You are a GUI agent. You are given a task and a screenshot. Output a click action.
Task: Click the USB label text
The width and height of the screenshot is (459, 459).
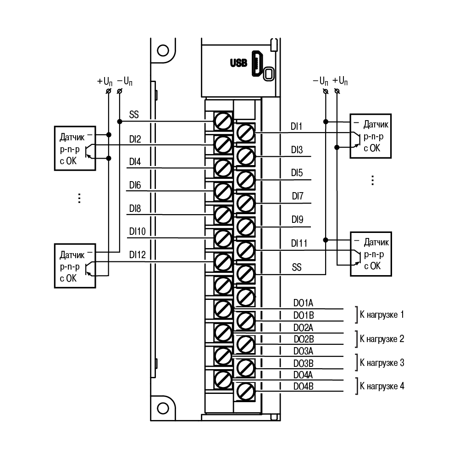pos(238,63)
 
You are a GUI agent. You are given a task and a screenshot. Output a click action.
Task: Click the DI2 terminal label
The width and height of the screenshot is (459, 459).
pos(135,139)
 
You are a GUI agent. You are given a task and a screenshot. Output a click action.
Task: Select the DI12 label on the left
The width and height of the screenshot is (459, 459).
pos(137,254)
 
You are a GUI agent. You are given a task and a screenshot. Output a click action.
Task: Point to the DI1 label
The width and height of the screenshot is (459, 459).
pos(296,127)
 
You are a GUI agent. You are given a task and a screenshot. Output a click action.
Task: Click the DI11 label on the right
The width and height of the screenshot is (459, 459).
pos(299,243)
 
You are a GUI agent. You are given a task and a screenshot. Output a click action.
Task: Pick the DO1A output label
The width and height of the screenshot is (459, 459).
pos(303,303)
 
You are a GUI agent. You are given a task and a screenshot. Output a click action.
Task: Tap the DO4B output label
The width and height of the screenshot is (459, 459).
pos(303,387)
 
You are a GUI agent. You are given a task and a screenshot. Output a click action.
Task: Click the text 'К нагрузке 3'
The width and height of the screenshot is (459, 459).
pos(382,363)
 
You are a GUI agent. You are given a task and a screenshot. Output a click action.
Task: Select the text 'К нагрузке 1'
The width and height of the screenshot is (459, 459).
pos(382,315)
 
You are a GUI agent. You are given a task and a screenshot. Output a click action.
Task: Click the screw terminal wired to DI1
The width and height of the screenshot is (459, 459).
pos(245,133)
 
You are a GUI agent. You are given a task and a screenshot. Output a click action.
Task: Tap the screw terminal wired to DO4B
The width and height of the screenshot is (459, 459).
pos(245,392)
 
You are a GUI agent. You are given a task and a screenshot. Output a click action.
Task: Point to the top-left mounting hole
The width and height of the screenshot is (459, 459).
pos(163,50)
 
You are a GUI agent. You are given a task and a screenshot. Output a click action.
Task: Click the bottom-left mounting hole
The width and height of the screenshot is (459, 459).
pos(163,409)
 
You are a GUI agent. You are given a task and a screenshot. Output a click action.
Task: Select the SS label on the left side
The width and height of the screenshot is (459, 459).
pos(134,115)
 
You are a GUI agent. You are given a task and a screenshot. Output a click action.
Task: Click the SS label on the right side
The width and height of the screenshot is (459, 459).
pos(297,267)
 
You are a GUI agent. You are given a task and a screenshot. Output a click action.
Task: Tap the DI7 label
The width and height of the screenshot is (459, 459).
pos(298,196)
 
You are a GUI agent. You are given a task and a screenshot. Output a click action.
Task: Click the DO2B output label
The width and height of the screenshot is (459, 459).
pos(304,339)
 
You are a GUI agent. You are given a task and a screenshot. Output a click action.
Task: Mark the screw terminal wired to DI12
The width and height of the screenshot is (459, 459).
pos(223,262)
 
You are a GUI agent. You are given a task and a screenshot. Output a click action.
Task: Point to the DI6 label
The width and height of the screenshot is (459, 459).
pos(135,185)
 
